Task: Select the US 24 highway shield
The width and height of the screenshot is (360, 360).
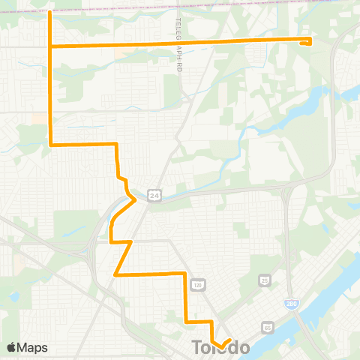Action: click(154, 195)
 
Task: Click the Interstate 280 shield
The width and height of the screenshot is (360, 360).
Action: click(289, 303)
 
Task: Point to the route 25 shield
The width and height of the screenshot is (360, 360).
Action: click(265, 280)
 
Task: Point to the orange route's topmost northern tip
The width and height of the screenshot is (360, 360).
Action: click(49, 13)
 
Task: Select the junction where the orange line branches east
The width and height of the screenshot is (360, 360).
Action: click(49, 46)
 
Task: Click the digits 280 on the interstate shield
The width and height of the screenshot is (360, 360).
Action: click(289, 303)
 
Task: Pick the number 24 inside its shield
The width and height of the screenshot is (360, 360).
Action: click(154, 195)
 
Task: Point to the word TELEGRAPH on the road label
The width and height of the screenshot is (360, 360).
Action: click(179, 34)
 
